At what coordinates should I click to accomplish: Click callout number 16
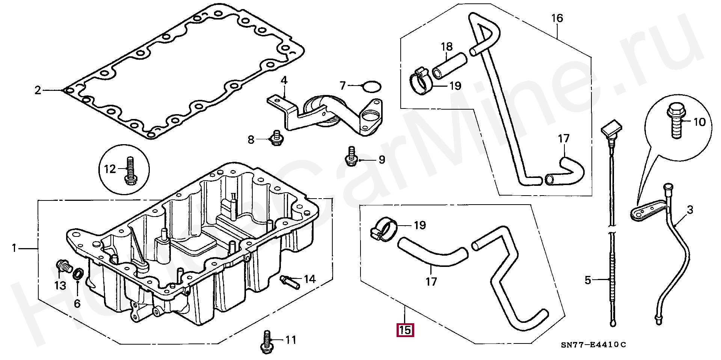pyautogui.click(x=557, y=18)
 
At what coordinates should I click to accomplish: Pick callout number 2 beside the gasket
pyautogui.click(x=38, y=90)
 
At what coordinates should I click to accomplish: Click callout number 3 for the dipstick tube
pyautogui.click(x=690, y=210)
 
